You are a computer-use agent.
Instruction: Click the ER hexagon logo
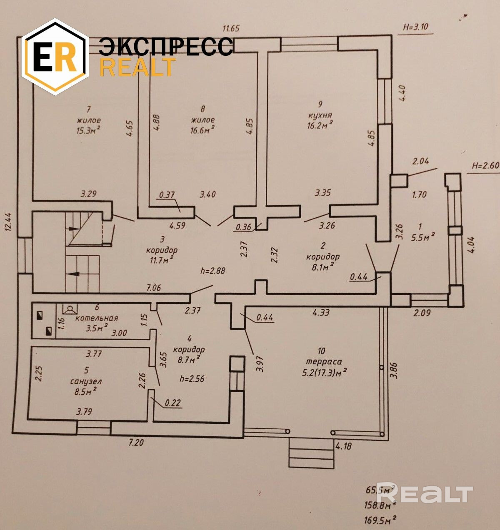55,57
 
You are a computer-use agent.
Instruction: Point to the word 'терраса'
321,362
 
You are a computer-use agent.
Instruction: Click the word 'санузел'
86,381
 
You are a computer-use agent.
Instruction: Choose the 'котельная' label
97,318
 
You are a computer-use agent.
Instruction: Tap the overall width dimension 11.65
231,28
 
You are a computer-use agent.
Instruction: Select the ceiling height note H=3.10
415,27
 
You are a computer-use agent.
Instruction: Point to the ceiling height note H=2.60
485,164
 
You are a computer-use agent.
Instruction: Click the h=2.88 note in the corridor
213,271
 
